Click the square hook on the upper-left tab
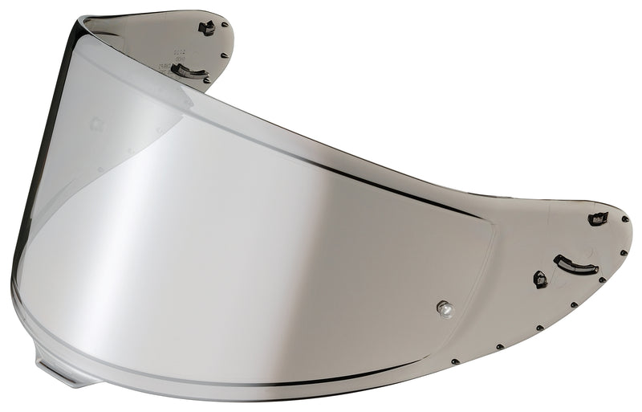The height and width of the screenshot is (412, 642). pos(207,29)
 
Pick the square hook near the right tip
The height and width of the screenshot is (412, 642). pos(598,218)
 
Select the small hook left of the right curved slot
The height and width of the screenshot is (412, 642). pos(540,279)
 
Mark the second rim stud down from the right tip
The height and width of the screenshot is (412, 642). pos(624,252)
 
